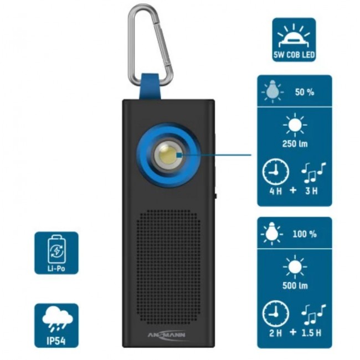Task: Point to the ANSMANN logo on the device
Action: (169, 333)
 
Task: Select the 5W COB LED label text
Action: (294, 56)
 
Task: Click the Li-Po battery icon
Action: (56, 248)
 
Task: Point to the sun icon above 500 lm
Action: (294, 267)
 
